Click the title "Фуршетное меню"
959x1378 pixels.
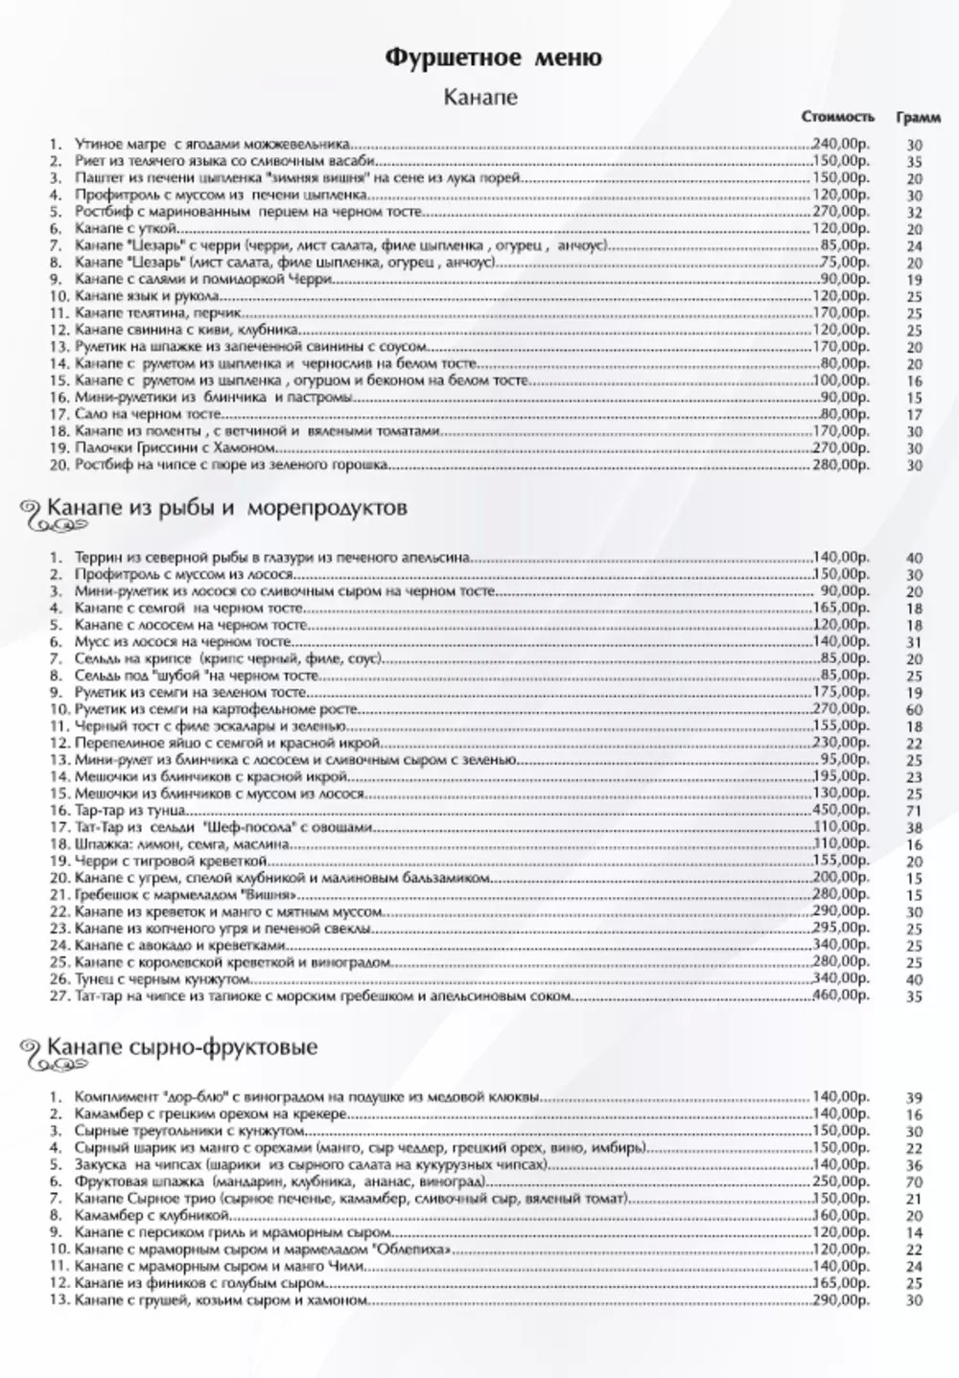(493, 58)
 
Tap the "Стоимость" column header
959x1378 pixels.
(838, 117)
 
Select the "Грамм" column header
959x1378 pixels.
(917, 117)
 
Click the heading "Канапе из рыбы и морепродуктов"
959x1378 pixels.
(226, 507)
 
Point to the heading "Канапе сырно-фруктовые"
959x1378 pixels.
(182, 1046)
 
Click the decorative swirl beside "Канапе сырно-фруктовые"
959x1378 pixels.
(32, 1050)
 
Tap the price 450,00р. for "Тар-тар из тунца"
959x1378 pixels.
(842, 810)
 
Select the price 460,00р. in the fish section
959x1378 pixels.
(842, 997)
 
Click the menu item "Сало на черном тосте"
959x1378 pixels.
(149, 415)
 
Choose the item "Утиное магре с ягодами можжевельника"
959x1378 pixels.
(212, 145)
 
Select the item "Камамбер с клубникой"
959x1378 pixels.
(140, 1215)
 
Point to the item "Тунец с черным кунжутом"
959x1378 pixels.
(162, 979)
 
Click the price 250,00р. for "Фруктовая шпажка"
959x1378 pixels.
(842, 1182)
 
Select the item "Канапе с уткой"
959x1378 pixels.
(125, 229)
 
